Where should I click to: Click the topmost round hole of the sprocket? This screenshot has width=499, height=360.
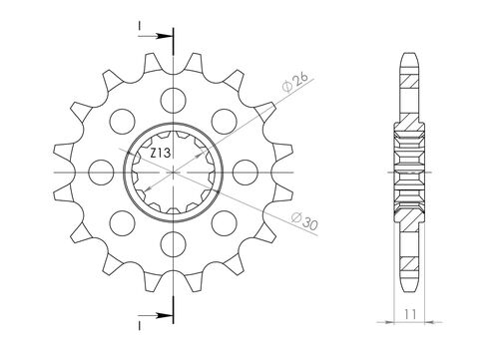175,97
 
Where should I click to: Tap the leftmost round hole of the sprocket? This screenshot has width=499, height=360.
103,169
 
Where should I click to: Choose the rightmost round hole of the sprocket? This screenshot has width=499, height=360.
247,169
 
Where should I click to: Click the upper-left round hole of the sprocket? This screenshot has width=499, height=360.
124,118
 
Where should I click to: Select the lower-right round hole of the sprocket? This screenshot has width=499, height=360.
226,219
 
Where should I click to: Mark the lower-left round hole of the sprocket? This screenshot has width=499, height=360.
124,219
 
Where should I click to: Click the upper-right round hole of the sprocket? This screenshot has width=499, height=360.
226,118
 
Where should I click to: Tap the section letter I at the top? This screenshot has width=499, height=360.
140,23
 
